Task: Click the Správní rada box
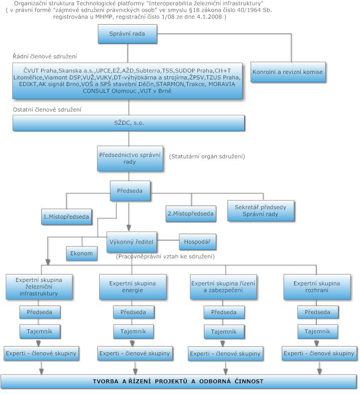coord(128,34)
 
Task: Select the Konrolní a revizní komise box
coord(288,72)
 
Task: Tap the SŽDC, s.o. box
coord(129,123)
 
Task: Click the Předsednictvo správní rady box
coord(130,158)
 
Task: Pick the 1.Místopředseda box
coord(66,217)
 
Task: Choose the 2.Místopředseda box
coord(191,214)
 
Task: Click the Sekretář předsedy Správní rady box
coord(261,211)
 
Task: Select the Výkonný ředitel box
coord(132,242)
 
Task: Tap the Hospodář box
coord(197,242)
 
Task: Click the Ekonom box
coord(81,253)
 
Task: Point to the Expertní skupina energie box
coord(133,286)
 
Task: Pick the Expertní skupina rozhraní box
coord(317,286)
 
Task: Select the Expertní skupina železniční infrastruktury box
coord(39,286)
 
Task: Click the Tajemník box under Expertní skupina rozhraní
coord(317,332)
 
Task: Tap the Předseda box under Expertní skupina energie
coord(134,312)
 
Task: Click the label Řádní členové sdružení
coord(45,56)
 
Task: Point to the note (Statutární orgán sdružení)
coord(207,157)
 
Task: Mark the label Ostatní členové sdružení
coord(47,110)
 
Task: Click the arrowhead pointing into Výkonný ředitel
coord(129,228)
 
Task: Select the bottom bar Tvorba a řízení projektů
coord(178,381)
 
